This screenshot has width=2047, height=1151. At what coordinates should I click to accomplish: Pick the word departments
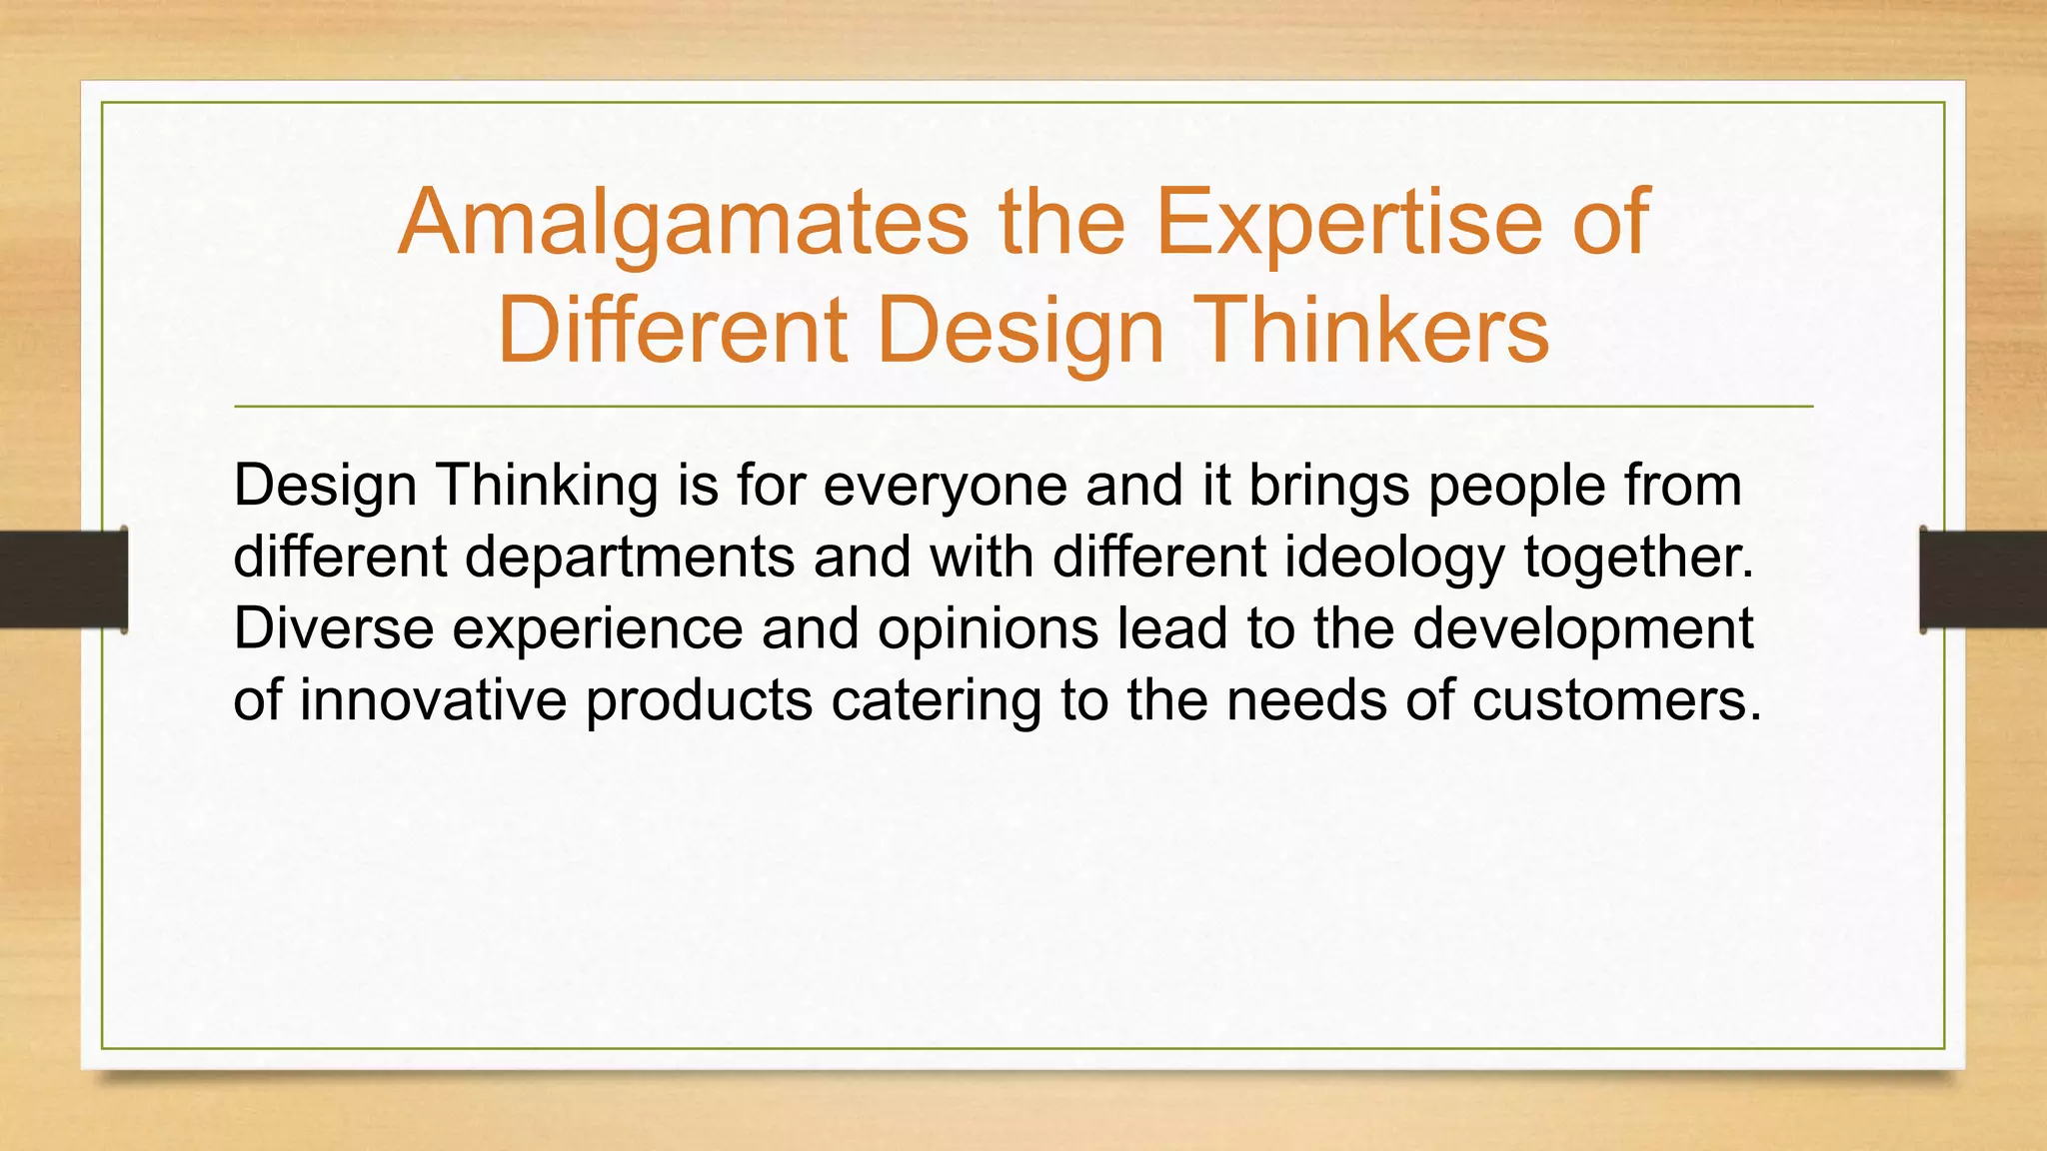pos(630,558)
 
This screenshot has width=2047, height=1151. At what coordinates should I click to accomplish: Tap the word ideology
pos(1394,558)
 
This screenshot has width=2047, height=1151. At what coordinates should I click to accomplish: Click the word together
pos(1639,558)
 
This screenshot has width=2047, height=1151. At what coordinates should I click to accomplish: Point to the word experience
pos(598,628)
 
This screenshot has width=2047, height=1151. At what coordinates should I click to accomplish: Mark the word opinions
pos(980,628)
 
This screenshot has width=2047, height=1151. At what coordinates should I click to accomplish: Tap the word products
pos(699,699)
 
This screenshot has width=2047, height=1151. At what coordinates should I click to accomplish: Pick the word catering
pos(936,699)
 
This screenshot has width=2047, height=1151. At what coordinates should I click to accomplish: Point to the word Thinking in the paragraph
pos(546,487)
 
